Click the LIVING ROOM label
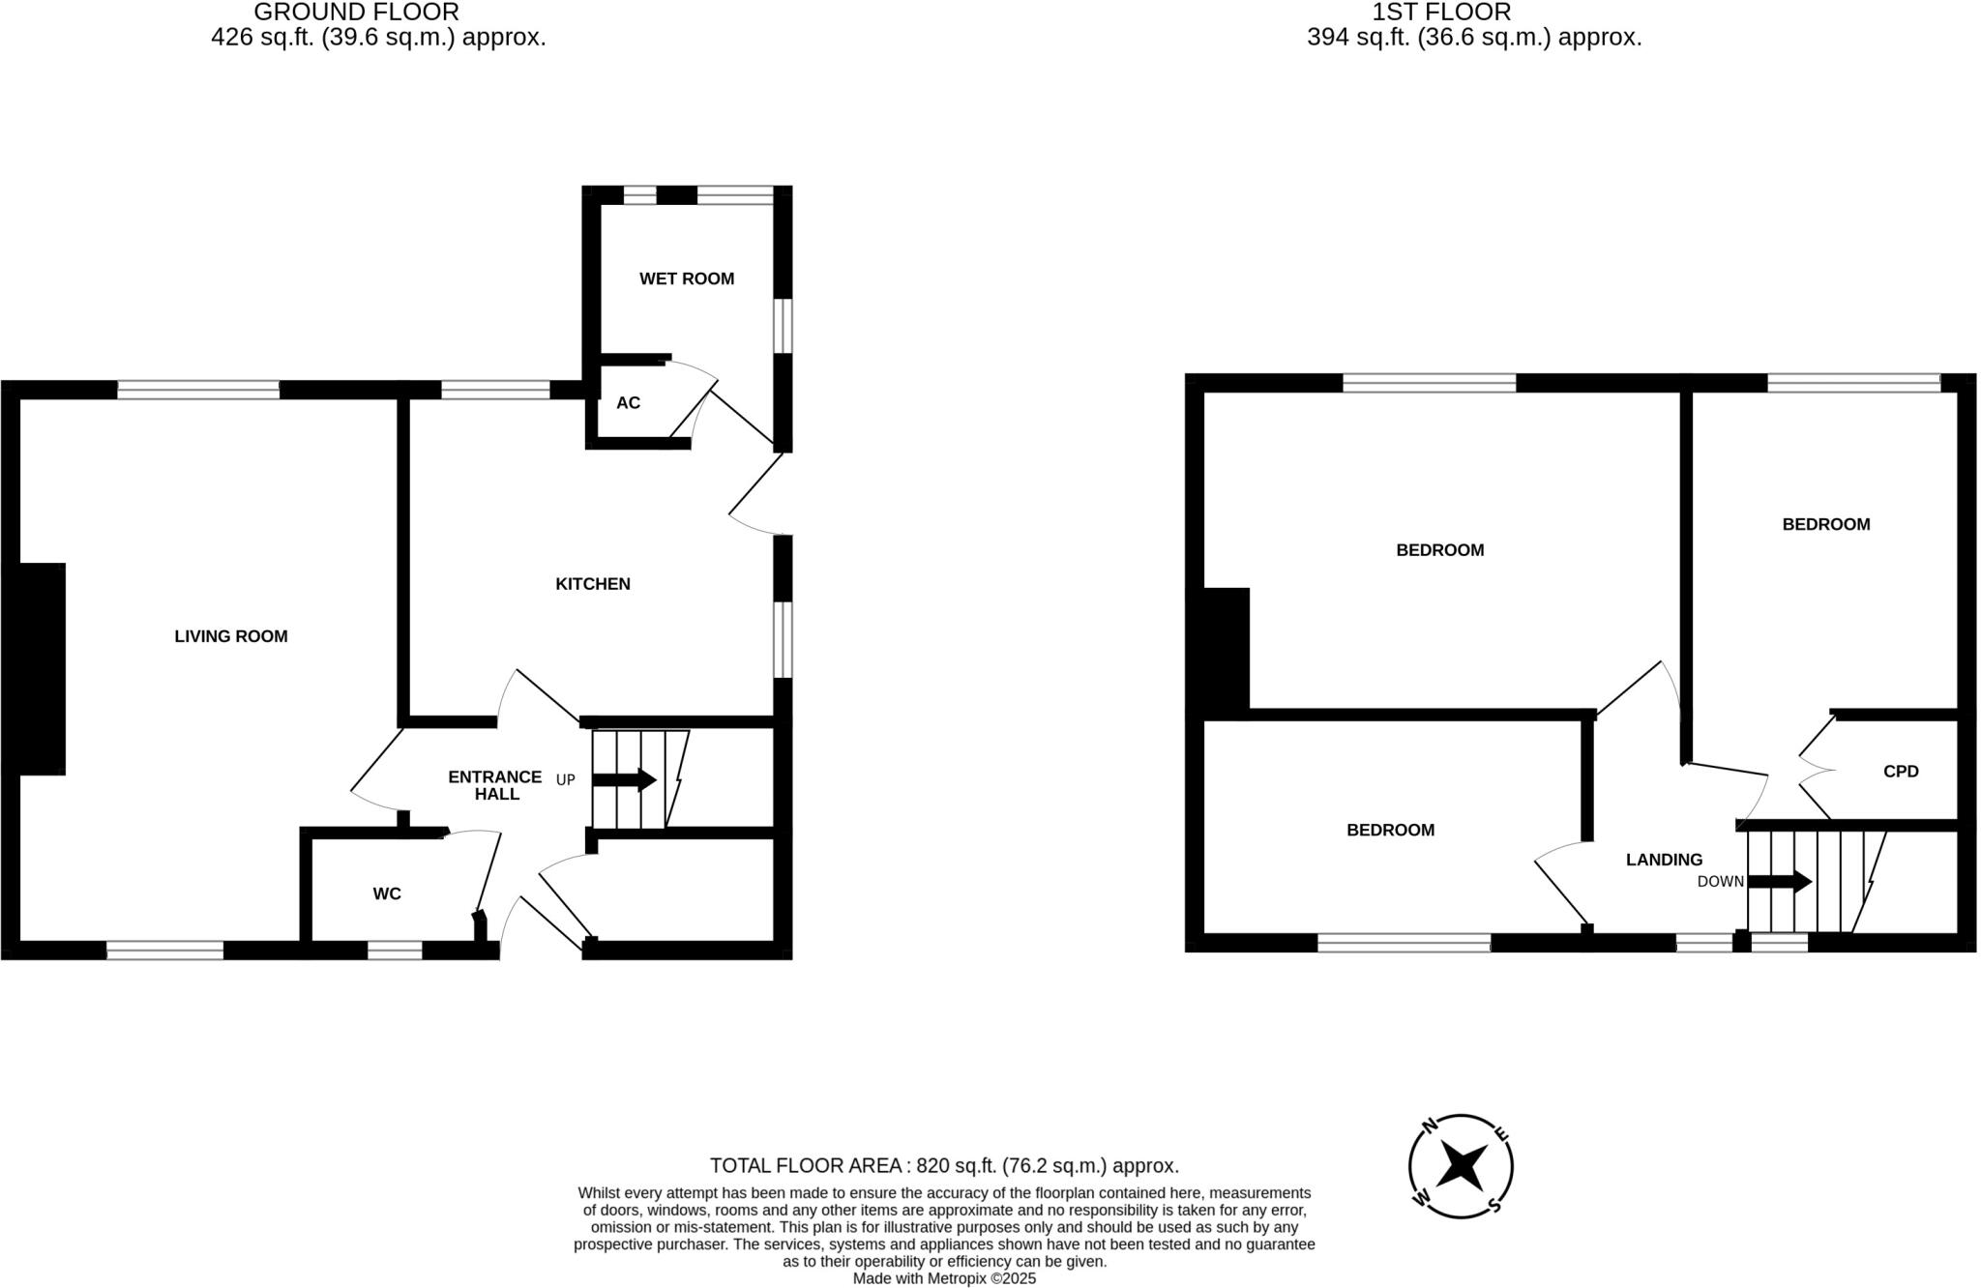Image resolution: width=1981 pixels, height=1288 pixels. pyautogui.click(x=231, y=636)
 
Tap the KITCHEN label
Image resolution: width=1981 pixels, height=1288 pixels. pyautogui.click(x=592, y=584)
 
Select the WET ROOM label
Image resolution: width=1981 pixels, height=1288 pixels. pyautogui.click(x=687, y=278)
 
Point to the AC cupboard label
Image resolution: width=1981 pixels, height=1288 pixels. pyautogui.click(x=628, y=402)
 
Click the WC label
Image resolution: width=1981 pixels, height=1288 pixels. pyautogui.click(x=387, y=893)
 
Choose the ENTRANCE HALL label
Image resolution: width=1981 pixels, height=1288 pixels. pyautogui.click(x=495, y=785)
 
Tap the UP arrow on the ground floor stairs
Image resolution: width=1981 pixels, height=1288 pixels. pyautogui.click(x=625, y=779)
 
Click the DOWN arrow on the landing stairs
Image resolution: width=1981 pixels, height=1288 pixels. pyautogui.click(x=1780, y=881)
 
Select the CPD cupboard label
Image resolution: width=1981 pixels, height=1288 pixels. pyautogui.click(x=1901, y=772)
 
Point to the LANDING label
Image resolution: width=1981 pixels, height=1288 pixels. pyautogui.click(x=1664, y=860)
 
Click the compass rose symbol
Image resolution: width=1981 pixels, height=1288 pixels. pyautogui.click(x=1461, y=1166)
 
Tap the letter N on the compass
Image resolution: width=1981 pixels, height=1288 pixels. pyautogui.click(x=1428, y=1125)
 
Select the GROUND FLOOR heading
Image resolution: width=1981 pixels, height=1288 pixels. pyautogui.click(x=356, y=13)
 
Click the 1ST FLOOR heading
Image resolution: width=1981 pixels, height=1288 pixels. pyautogui.click(x=1441, y=13)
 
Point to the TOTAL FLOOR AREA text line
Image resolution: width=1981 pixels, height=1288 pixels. pyautogui.click(x=944, y=1165)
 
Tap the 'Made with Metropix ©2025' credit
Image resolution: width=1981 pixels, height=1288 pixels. pyautogui.click(x=944, y=1278)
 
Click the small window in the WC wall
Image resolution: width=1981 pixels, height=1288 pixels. pyautogui.click(x=395, y=951)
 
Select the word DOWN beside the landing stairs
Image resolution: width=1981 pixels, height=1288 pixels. pyautogui.click(x=1720, y=882)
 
